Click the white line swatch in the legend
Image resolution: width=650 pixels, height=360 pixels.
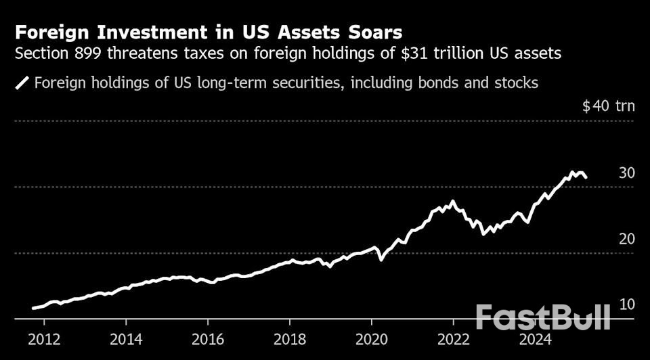22,83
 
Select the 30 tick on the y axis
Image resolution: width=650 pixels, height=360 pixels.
626,173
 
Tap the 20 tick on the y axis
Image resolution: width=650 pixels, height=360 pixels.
626,239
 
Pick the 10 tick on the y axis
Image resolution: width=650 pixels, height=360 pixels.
626,305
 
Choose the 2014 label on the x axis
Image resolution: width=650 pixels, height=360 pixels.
126,338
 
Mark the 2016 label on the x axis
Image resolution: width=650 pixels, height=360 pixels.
208,338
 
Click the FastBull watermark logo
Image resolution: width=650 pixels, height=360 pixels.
542,317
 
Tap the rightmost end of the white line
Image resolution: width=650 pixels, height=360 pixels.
586,178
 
